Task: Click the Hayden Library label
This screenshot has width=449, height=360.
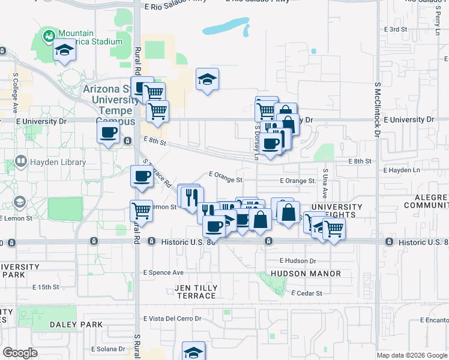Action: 58,162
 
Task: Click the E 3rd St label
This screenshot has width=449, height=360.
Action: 396,29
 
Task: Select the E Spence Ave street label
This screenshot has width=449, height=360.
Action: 163,272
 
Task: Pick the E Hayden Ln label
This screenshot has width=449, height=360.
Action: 402,170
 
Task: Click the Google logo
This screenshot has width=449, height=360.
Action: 20,353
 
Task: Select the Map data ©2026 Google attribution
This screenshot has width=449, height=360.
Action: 412,355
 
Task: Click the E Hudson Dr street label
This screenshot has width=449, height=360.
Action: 298,261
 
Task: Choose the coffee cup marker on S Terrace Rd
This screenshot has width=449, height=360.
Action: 142,177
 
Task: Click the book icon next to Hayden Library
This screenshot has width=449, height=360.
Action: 21,162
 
